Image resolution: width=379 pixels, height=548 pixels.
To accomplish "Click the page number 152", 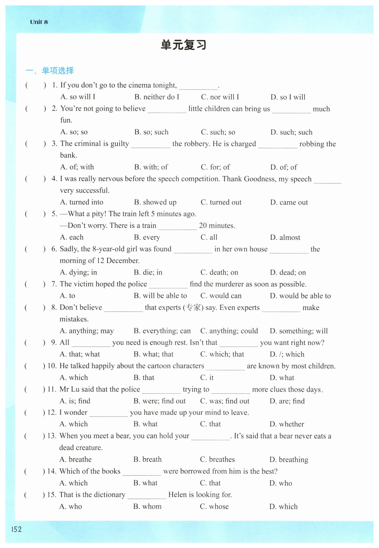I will click(x=16, y=529).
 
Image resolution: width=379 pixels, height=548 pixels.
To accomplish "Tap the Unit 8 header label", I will click(x=39, y=22).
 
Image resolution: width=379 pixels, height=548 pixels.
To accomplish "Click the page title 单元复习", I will click(x=184, y=45).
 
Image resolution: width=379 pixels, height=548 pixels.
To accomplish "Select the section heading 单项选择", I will click(x=58, y=71).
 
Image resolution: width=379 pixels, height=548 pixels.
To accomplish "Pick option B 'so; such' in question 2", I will click(x=151, y=132).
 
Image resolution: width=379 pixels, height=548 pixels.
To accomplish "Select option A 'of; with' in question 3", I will click(x=77, y=167).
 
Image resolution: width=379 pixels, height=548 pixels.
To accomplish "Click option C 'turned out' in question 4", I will click(x=221, y=202).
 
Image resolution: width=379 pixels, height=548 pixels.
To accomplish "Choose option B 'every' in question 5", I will click(x=147, y=237).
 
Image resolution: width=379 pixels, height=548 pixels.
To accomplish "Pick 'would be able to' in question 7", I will click(x=300, y=296).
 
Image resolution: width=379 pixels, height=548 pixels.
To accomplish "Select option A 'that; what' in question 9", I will click(x=80, y=354).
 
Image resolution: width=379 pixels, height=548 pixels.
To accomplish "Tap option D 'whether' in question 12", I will click(x=287, y=424).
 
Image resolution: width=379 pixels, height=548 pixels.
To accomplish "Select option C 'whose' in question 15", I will click(x=214, y=507).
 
